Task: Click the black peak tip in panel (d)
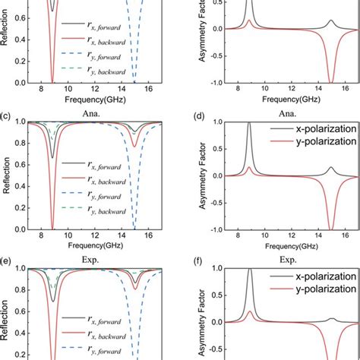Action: [249, 123]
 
